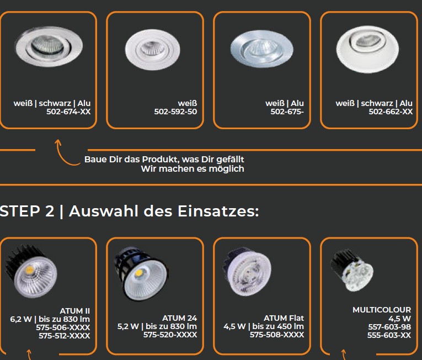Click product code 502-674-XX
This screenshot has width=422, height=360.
click(x=68, y=112)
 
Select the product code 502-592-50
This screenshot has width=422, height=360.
click(x=175, y=112)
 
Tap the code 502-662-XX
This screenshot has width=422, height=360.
click(x=391, y=112)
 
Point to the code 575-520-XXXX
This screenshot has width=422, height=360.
click(x=170, y=335)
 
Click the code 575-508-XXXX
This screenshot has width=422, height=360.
click(x=277, y=335)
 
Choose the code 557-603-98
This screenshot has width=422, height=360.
click(x=389, y=327)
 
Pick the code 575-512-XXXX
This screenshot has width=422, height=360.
click(x=65, y=336)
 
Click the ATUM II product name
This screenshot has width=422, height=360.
click(x=75, y=311)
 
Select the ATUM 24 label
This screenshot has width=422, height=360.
click(x=179, y=318)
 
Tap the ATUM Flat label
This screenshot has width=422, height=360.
click(x=284, y=318)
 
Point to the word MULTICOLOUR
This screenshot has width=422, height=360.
click(x=382, y=310)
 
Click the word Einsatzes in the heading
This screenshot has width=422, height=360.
click(x=218, y=211)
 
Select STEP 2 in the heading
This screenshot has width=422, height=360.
click(x=27, y=211)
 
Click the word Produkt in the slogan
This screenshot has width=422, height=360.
click(x=161, y=160)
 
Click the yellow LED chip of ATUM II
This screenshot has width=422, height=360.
click(x=29, y=269)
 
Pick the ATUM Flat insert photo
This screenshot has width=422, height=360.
click(x=247, y=271)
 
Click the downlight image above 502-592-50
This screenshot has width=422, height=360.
click(x=153, y=49)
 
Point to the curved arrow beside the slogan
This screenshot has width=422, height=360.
click(x=63, y=156)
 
